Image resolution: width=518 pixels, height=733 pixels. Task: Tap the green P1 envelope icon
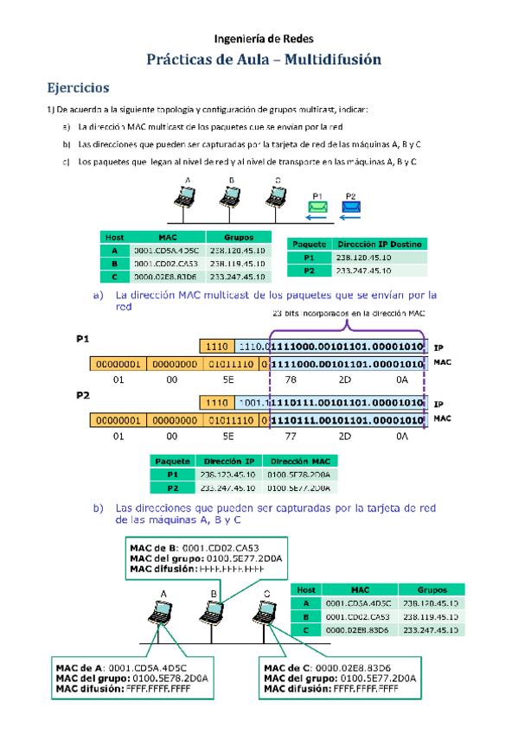[x=318, y=207]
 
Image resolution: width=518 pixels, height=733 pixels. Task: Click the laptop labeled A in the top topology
[x=184, y=197]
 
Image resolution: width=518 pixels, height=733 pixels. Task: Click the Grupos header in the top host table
[x=238, y=237]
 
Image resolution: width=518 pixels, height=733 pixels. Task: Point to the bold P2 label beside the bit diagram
[x=84, y=395]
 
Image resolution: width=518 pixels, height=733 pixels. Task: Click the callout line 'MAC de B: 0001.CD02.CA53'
[x=188, y=547]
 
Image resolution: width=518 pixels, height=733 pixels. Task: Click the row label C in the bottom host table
[x=305, y=630]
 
